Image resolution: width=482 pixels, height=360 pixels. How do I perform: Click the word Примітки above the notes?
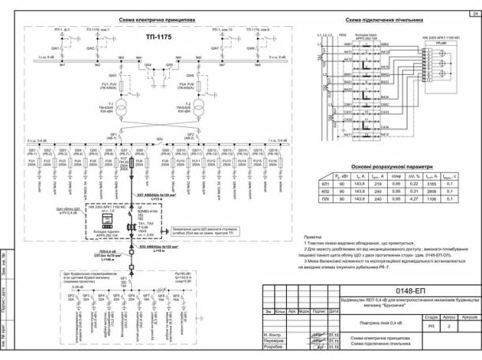tap(314, 236)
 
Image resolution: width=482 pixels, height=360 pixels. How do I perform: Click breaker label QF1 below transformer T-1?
tap(113, 135)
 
